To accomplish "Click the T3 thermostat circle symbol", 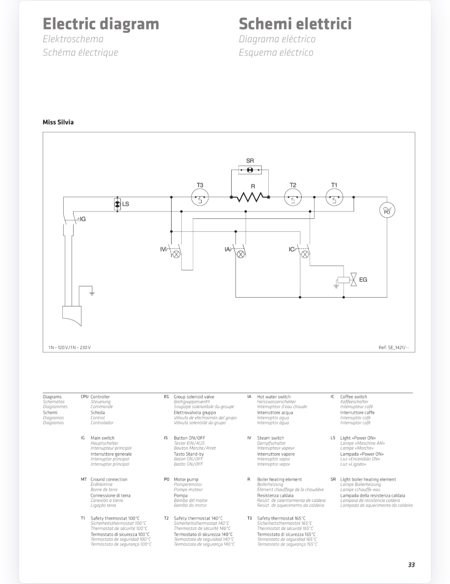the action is tap(200, 197).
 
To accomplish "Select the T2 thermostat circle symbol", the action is tap(293, 197).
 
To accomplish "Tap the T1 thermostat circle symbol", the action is tap(334, 197).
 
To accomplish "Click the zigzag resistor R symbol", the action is tap(250, 197).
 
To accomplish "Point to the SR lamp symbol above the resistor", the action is tap(250, 170).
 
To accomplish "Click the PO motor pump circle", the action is tap(387, 210).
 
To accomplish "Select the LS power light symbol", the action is tap(118, 204).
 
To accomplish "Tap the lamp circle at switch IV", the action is tap(176, 254).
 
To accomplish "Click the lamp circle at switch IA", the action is tap(241, 254).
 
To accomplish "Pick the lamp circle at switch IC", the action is tap(305, 254).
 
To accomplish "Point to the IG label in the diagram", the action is tap(83, 219).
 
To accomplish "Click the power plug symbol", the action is tap(72, 316).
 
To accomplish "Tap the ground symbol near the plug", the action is tap(92, 294).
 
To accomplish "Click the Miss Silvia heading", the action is tap(58, 122).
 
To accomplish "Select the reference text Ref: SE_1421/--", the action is tap(394, 348).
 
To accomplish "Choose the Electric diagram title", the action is tap(101, 24).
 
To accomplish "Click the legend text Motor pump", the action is tap(186, 479).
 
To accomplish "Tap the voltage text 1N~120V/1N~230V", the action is tap(70, 348).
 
